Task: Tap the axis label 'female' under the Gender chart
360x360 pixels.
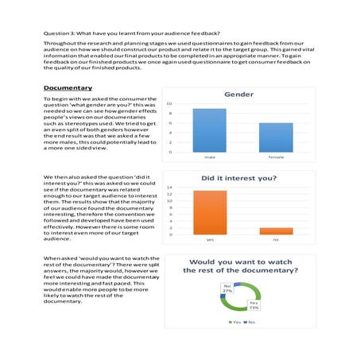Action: click(x=276, y=157)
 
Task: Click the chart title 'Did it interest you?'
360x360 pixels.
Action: click(x=238, y=179)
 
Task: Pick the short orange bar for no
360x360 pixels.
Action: click(x=276, y=230)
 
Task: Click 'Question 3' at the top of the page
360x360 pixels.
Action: click(x=59, y=35)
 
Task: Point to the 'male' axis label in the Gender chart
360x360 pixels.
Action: click(x=209, y=157)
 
